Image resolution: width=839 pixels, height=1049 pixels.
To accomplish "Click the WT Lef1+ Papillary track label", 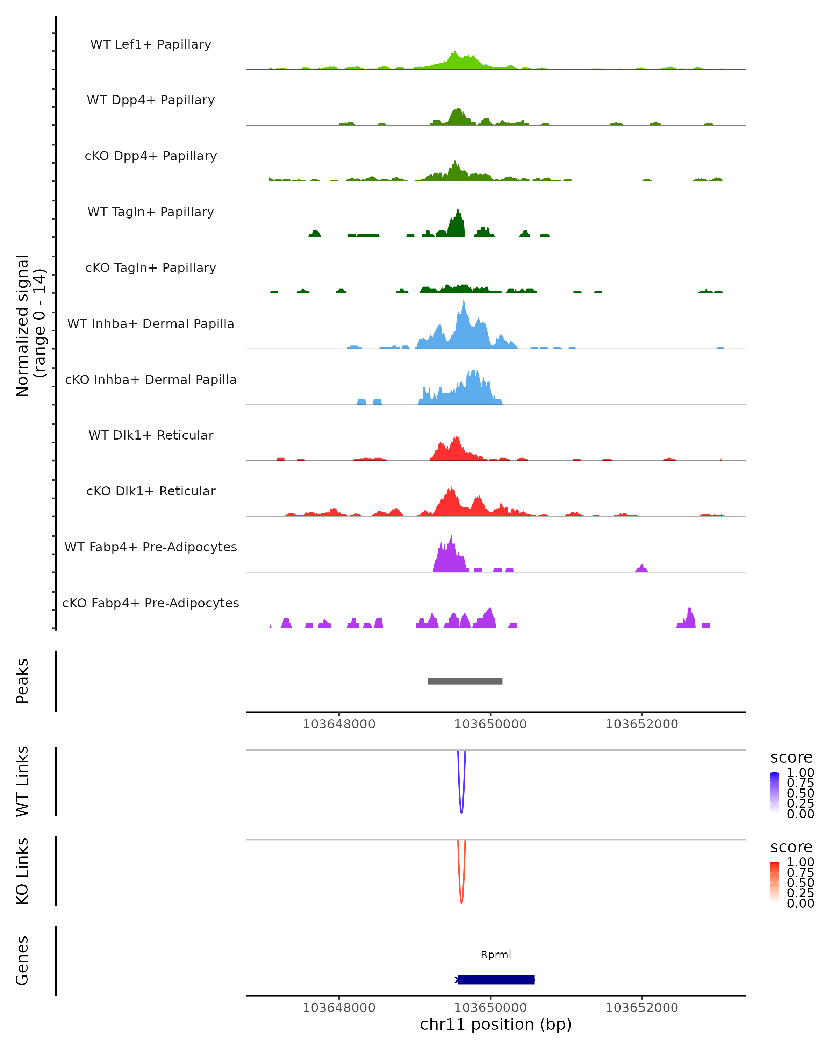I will point(151,44).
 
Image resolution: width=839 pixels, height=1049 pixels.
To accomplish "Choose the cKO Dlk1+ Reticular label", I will point(151,491).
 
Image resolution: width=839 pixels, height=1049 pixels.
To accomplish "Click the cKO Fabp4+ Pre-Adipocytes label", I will point(151,603).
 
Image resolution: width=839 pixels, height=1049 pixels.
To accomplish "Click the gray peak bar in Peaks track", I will point(465,681).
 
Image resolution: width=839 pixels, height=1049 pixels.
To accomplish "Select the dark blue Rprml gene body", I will point(496,979).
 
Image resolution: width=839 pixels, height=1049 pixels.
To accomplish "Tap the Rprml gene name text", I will point(496,954).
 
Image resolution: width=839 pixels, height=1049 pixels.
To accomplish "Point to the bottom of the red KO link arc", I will point(461,902).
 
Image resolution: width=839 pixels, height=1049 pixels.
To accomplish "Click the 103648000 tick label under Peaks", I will point(339,724).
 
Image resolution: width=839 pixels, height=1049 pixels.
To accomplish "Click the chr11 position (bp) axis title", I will point(496,1025).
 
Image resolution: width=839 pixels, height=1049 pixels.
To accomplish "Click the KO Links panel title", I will point(22,871).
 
